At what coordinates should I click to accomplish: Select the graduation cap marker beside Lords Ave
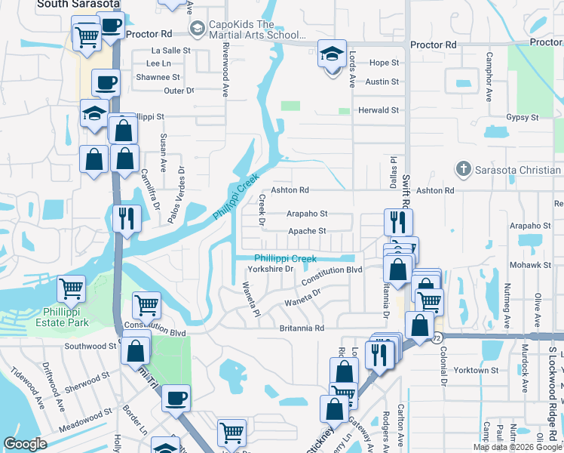pyautogui.click(x=332, y=55)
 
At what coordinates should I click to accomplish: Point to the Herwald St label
pyautogui.click(x=378, y=110)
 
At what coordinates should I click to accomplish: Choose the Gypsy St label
pyautogui.click(x=522, y=117)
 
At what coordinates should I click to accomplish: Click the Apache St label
pyautogui.click(x=306, y=231)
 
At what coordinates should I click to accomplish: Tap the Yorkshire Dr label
pyautogui.click(x=272, y=268)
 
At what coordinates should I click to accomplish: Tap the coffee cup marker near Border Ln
pyautogui.click(x=176, y=397)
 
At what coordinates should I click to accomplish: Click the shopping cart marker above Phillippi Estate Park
pyautogui.click(x=71, y=288)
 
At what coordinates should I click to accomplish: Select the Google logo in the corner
pyautogui.click(x=25, y=444)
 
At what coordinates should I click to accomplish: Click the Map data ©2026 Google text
pyautogui.click(x=516, y=447)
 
